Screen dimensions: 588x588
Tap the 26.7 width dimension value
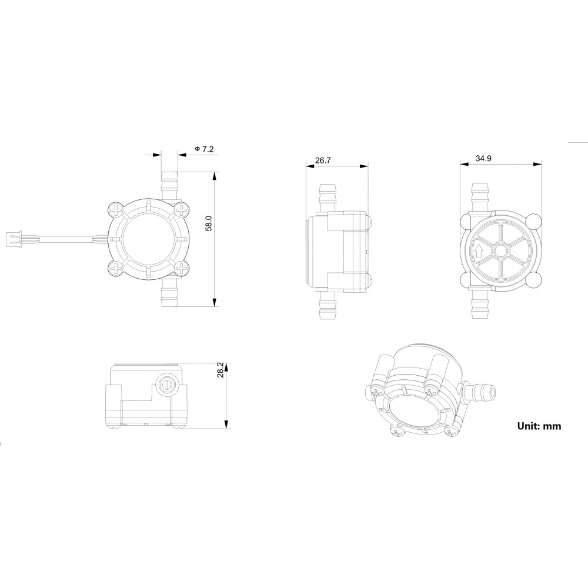(322, 159)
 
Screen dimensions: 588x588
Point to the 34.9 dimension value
(483, 159)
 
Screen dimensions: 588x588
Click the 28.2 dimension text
(220, 370)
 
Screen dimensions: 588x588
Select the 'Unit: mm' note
(539, 426)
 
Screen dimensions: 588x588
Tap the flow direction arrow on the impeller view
(479, 251)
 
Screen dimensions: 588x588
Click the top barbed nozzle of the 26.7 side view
(326, 196)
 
